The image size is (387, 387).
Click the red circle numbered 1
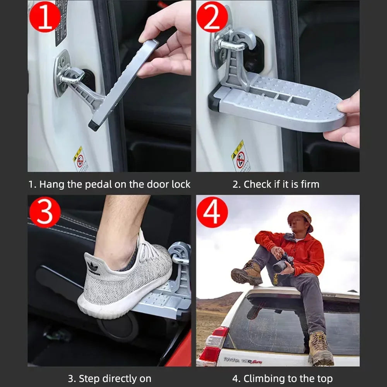click(45, 16)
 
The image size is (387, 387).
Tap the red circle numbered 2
click(212, 16)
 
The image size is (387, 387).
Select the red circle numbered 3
click(45, 212)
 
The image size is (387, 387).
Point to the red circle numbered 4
click(212, 212)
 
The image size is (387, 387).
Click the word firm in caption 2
click(309, 185)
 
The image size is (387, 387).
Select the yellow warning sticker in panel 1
click(80, 159)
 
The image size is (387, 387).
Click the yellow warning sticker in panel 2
click(240, 156)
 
